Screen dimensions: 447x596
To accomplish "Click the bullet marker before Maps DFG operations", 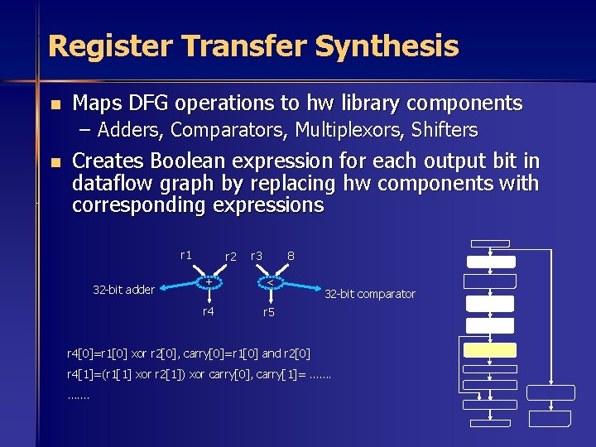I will click(54, 104).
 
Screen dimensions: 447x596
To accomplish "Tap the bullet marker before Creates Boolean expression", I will click(54, 161).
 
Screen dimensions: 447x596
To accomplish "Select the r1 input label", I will click(186, 255).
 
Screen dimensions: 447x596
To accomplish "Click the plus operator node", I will click(209, 282).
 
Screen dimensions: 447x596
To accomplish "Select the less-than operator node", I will click(269, 282).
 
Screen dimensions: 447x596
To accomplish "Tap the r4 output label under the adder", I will click(209, 311).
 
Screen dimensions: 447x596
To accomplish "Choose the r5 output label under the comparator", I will click(269, 312).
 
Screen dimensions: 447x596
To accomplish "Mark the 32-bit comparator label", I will click(370, 294).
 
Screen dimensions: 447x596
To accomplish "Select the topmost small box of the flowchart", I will click(489, 244).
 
